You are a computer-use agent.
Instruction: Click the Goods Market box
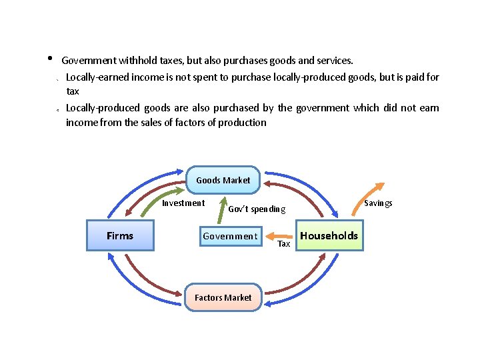point(223,180)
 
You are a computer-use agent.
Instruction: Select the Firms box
point(120,236)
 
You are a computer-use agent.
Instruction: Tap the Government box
point(230,236)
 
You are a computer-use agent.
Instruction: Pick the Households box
point(329,236)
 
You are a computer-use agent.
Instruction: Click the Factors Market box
point(223,297)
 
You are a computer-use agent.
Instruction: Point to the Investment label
point(183,203)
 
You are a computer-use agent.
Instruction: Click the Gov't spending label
point(257,209)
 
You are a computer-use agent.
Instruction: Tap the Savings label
point(378,203)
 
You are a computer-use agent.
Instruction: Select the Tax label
point(284,244)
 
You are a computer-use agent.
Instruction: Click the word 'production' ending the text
point(245,122)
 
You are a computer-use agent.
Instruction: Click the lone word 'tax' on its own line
point(73,91)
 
